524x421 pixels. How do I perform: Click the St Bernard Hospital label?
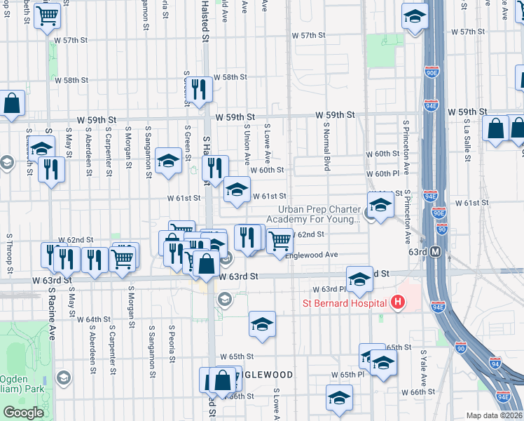[x=345, y=303]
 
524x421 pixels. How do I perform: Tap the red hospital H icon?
[x=398, y=303]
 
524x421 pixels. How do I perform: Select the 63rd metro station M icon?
[x=435, y=251]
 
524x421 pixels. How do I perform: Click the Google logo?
[x=23, y=413]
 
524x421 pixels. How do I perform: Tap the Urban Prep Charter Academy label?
[x=319, y=214]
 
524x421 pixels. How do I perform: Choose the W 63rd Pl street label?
[x=329, y=289]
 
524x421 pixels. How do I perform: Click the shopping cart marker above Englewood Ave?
[x=280, y=240]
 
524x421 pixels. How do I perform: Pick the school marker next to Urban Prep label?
[x=380, y=206]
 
